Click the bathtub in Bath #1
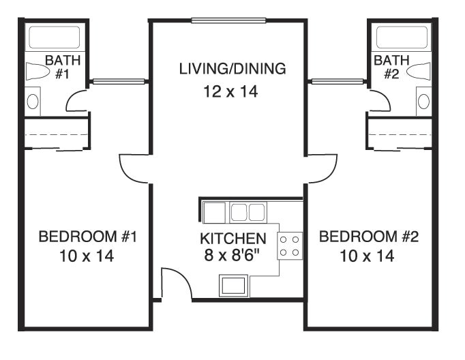(53, 37)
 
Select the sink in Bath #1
(33, 102)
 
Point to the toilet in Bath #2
(421, 72)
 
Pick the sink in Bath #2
(423, 102)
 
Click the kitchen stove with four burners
(290, 245)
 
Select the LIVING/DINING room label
(232, 69)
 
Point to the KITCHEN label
(232, 239)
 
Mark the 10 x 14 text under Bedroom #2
(366, 256)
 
